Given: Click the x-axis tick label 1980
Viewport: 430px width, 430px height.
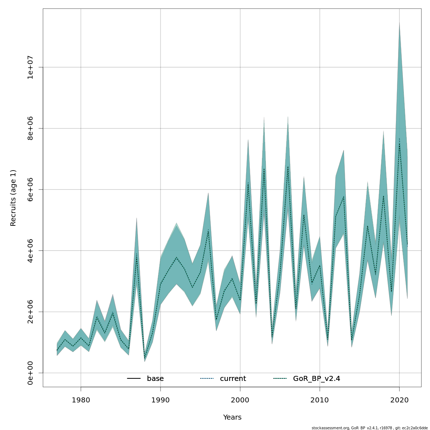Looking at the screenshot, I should [x=81, y=400].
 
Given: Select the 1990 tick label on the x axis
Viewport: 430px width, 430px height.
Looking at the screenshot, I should [x=160, y=400].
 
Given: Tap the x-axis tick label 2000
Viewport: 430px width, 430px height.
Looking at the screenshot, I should [x=240, y=400].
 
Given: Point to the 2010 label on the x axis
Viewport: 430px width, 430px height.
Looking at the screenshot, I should [x=319, y=400].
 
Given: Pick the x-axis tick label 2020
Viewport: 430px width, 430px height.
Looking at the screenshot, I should [x=399, y=400].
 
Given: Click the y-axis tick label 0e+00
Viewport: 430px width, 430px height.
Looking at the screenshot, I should [x=30, y=373].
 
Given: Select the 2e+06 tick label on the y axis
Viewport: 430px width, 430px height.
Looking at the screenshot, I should [x=30, y=312].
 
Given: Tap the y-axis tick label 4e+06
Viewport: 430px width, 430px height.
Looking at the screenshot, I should [x=30, y=250].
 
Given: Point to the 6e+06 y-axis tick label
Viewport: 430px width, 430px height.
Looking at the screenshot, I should [x=30, y=189].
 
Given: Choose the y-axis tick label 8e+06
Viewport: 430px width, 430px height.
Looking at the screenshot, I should [x=30, y=128].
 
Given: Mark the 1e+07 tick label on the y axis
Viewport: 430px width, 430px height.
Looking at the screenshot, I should [x=30, y=67].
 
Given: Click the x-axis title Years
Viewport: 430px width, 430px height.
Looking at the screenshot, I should [x=232, y=417].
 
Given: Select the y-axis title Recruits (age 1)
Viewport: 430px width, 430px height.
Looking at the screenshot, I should [x=13, y=198].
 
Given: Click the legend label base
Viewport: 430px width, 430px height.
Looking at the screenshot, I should [x=155, y=379].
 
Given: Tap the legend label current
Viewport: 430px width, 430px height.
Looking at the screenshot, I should [x=233, y=379].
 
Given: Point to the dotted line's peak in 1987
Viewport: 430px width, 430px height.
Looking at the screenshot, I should [x=137, y=254].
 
